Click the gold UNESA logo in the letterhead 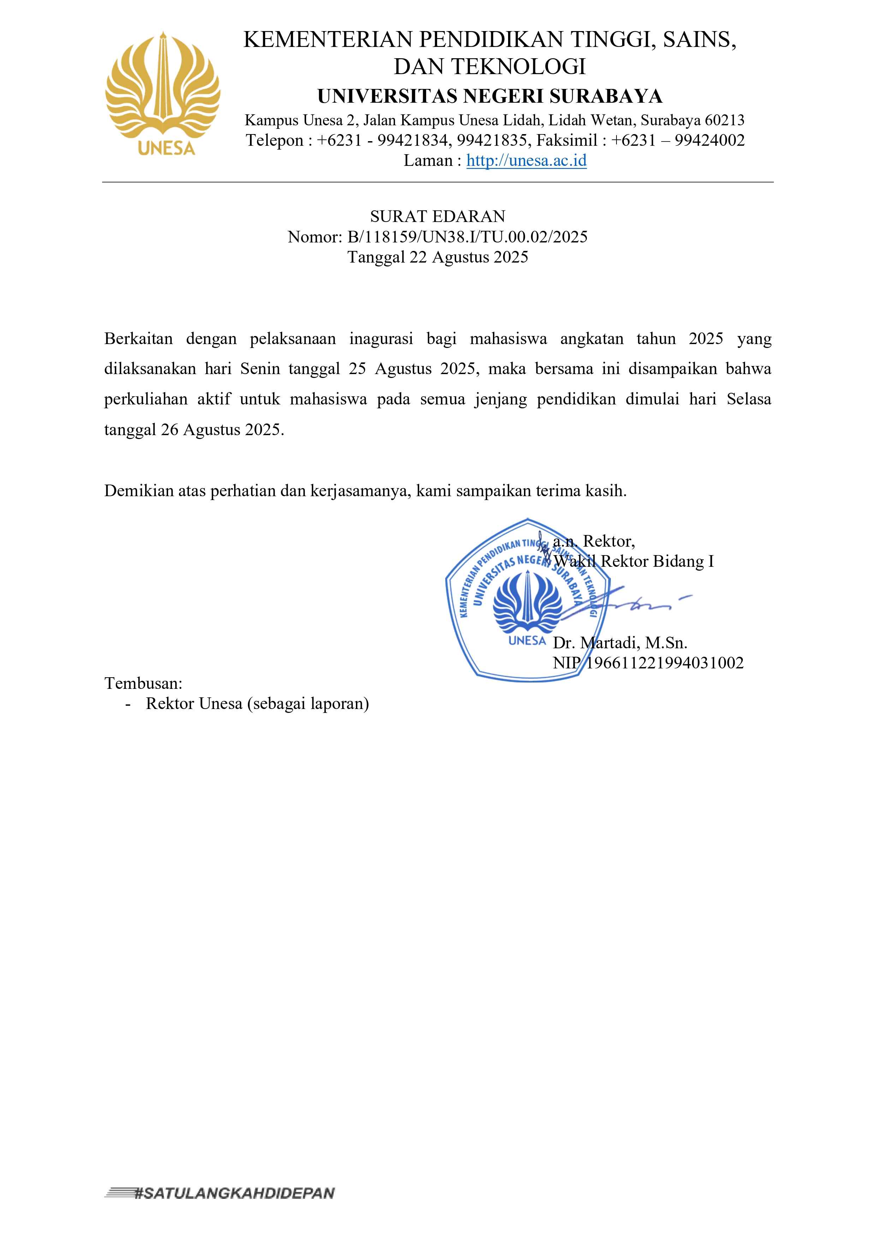click(162, 93)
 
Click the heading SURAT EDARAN click(437, 217)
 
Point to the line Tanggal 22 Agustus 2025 click(437, 257)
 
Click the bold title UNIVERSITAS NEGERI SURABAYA click(489, 96)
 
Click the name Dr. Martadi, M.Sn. click(620, 643)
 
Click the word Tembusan click(143, 684)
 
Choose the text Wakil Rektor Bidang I click(633, 562)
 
